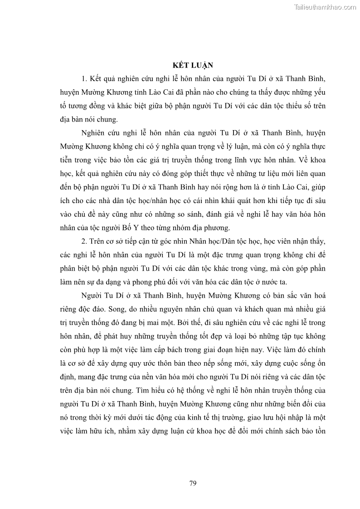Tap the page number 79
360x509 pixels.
click(x=193, y=483)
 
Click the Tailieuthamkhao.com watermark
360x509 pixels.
click(x=325, y=7)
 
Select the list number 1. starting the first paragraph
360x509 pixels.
click(x=84, y=78)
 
